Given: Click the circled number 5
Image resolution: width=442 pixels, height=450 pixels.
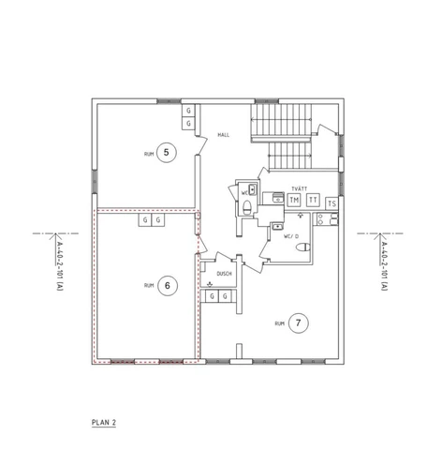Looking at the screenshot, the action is coord(167,153).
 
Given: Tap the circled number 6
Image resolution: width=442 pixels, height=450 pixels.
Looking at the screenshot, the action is coord(168,286).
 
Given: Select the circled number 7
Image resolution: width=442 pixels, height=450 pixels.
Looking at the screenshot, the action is coord(299,322).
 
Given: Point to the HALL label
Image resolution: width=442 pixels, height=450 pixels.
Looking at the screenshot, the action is coord(223,135).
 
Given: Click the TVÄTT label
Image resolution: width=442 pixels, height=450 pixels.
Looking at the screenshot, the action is coord(300,188).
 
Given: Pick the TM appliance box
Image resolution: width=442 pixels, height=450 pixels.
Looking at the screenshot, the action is coord(294,200).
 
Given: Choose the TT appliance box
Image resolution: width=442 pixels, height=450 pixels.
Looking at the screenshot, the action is coord(313,200).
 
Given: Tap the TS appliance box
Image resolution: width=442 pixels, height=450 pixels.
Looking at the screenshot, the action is coord(331,203).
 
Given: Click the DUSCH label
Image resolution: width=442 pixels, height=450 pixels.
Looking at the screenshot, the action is coord(224,274).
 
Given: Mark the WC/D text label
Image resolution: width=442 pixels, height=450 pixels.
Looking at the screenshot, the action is coord(291,236).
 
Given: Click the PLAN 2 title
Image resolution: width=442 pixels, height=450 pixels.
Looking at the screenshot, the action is coord(104,423).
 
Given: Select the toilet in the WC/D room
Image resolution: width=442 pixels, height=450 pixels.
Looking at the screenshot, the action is coord(303,247).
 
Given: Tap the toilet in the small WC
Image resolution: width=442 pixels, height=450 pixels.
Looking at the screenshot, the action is coord(247,207).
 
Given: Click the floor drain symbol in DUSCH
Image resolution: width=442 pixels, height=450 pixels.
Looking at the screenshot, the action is coord(210,284).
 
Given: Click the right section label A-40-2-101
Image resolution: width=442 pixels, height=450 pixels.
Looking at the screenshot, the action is coord(384,266).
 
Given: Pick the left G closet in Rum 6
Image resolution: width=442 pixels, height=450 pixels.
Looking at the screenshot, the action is coord(145,220).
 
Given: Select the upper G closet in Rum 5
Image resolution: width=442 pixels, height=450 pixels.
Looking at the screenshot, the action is coord(188,111).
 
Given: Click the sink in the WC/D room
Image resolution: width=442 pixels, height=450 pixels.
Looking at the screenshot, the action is coord(277,226).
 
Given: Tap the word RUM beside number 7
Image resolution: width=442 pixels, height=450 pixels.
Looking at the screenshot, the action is coord(279,323).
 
